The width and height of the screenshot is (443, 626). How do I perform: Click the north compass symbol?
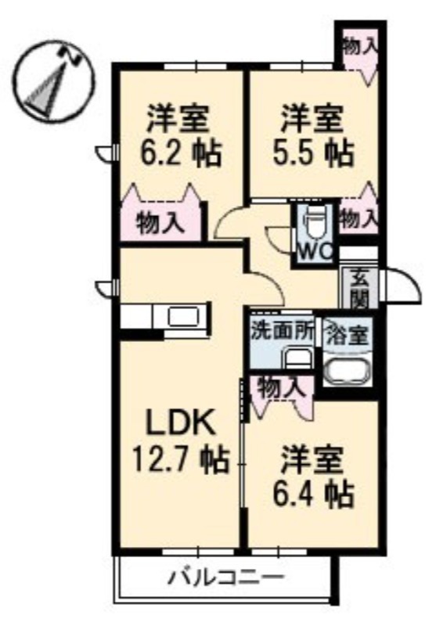[x=55, y=81]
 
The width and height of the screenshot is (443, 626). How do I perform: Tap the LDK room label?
[x=181, y=423]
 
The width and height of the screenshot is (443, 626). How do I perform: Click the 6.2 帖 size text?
[x=181, y=153]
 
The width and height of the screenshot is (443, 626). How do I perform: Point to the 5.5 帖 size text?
[x=314, y=153]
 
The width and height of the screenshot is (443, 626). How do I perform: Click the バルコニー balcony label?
[x=226, y=577]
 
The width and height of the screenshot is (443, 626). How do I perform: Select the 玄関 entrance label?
[x=359, y=290]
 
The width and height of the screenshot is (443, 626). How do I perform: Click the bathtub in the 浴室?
[x=348, y=370]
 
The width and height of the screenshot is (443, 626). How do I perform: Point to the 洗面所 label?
[x=282, y=332]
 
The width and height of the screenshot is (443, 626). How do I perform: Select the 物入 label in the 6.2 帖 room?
[x=160, y=223]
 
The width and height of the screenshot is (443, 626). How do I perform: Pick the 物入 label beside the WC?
[x=358, y=219]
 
